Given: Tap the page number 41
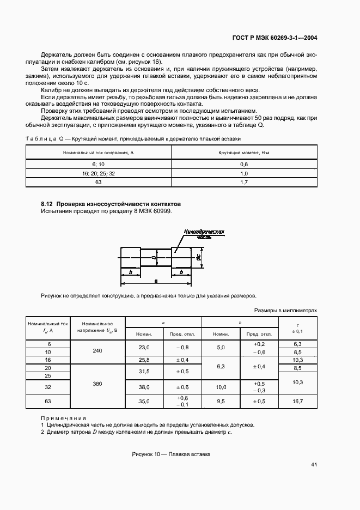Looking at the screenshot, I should click(314, 465).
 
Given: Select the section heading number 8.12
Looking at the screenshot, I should click(47, 204).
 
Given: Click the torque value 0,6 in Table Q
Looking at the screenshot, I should click(243, 164).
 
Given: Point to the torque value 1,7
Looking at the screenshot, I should click(243, 183).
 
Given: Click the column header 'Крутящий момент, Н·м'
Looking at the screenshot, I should click(243, 153).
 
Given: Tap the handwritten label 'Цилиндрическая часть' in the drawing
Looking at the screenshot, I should click(204, 234).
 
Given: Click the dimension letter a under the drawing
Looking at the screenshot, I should click(156, 281).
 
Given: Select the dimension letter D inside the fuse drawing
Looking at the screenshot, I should click(154, 256).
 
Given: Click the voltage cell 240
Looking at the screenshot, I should click(97, 351).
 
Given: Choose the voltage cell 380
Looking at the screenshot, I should click(97, 384).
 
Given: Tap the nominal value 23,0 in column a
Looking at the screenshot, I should click(144, 347).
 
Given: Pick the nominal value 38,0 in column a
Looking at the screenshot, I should click(144, 387).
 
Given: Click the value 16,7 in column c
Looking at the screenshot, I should click(297, 402).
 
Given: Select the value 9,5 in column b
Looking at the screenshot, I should click(221, 402).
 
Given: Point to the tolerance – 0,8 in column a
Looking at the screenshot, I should click(182, 347).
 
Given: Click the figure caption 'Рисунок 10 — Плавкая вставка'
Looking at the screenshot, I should click(171, 454).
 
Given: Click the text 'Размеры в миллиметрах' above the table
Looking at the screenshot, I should click(285, 310).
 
